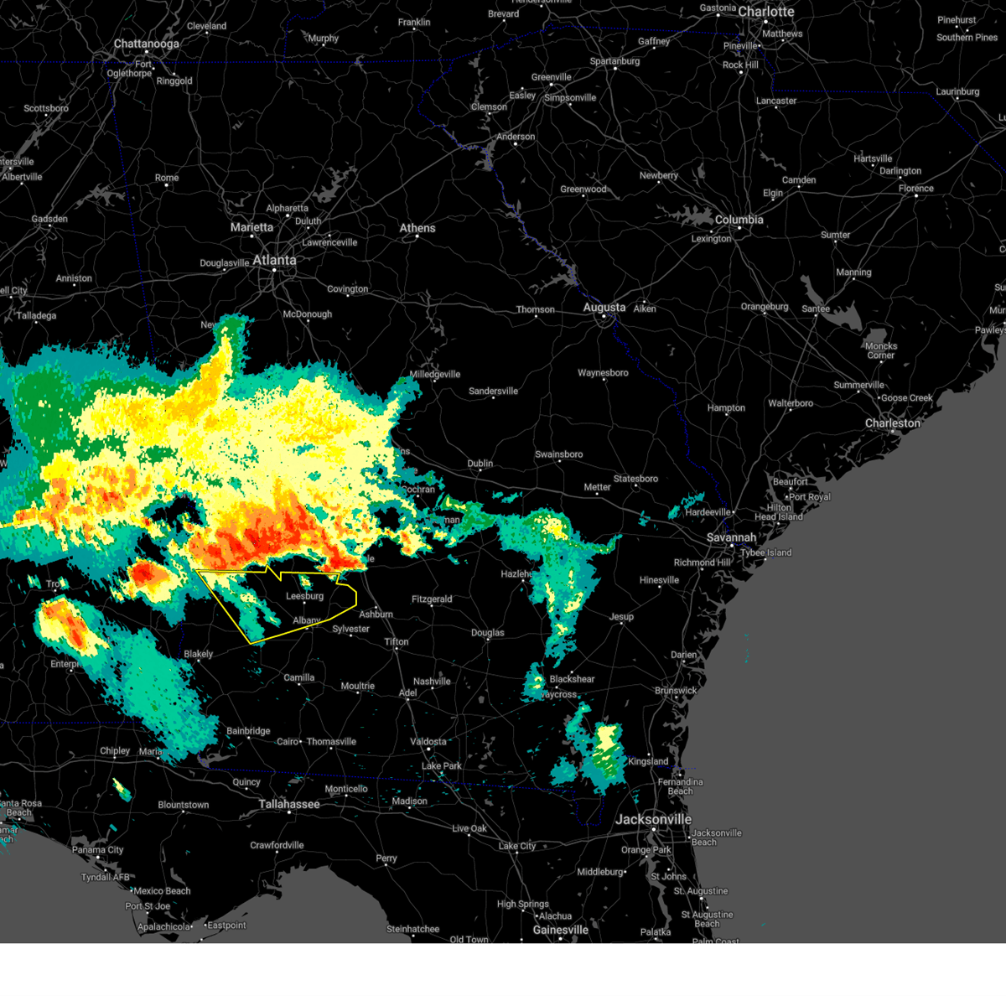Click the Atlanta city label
(x=274, y=260)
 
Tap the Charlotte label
(x=765, y=12)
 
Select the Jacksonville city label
(x=653, y=819)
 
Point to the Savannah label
(x=731, y=537)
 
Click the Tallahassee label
(x=288, y=804)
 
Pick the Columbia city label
(x=739, y=220)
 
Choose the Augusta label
(x=604, y=308)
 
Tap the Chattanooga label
(x=146, y=44)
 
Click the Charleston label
(x=892, y=423)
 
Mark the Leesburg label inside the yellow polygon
(x=304, y=596)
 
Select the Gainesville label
(x=560, y=930)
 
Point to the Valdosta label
(x=428, y=742)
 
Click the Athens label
(x=417, y=228)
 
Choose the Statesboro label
(x=635, y=479)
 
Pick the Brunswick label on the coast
(x=676, y=691)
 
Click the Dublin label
(x=480, y=464)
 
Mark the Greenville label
(x=551, y=77)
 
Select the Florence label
(x=915, y=189)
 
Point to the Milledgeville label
(x=434, y=375)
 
